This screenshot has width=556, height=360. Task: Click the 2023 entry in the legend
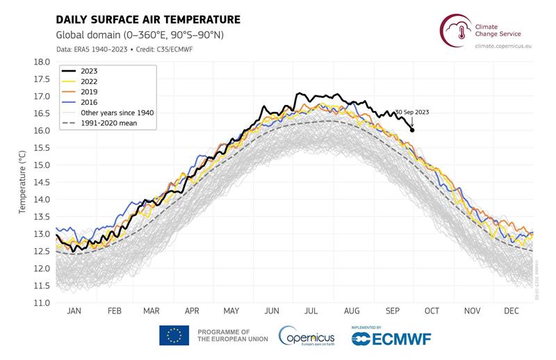click(x=89, y=71)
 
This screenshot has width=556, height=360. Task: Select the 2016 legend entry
click(x=89, y=102)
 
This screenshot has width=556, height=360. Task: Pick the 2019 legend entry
click(x=89, y=92)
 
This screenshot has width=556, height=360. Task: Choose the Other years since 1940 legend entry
click(x=116, y=113)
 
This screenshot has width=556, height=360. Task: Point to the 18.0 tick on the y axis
click(x=42, y=62)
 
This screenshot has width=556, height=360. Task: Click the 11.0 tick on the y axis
click(x=42, y=303)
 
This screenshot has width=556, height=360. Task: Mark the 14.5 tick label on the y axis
click(x=42, y=182)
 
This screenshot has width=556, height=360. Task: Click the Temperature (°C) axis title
click(x=22, y=182)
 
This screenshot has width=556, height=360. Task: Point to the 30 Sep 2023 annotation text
click(x=413, y=113)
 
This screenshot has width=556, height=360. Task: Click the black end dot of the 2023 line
click(x=412, y=130)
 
